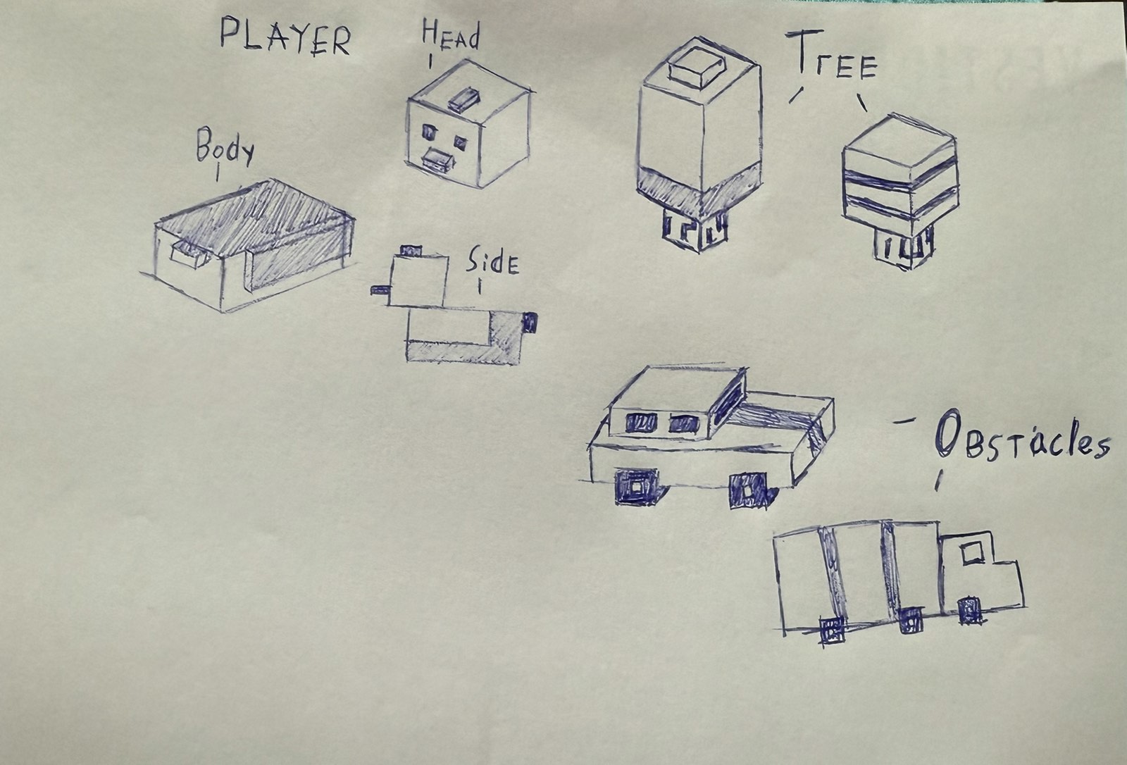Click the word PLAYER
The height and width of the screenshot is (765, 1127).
pyautogui.click(x=285, y=36)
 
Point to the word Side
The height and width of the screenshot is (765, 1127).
pyautogui.click(x=492, y=262)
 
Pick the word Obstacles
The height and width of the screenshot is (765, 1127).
pyautogui.click(x=1021, y=441)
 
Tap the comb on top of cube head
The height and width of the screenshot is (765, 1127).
pyautogui.click(x=463, y=99)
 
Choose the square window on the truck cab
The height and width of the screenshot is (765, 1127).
pyautogui.click(x=973, y=554)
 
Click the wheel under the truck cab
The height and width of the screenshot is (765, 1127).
pyautogui.click(x=969, y=610)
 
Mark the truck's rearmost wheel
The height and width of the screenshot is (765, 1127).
pyautogui.click(x=832, y=630)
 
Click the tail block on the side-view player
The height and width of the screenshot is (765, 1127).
pyautogui.click(x=530, y=322)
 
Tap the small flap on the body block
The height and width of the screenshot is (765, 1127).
pyautogui.click(x=189, y=251)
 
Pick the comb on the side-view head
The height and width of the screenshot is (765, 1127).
pyautogui.click(x=411, y=250)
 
